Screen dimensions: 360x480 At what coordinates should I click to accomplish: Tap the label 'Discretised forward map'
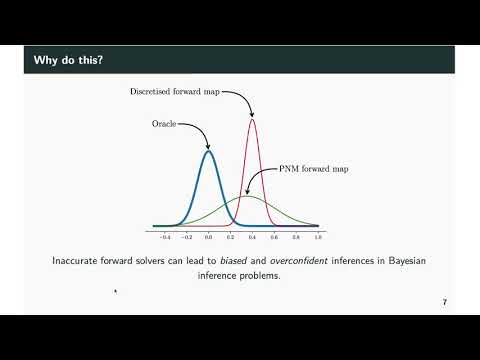(x=174, y=91)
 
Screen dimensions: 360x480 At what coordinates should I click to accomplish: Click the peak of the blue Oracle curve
(x=208, y=151)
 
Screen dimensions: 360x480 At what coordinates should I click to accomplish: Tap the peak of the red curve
(x=252, y=120)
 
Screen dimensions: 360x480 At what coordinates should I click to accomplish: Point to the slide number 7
(x=443, y=301)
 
